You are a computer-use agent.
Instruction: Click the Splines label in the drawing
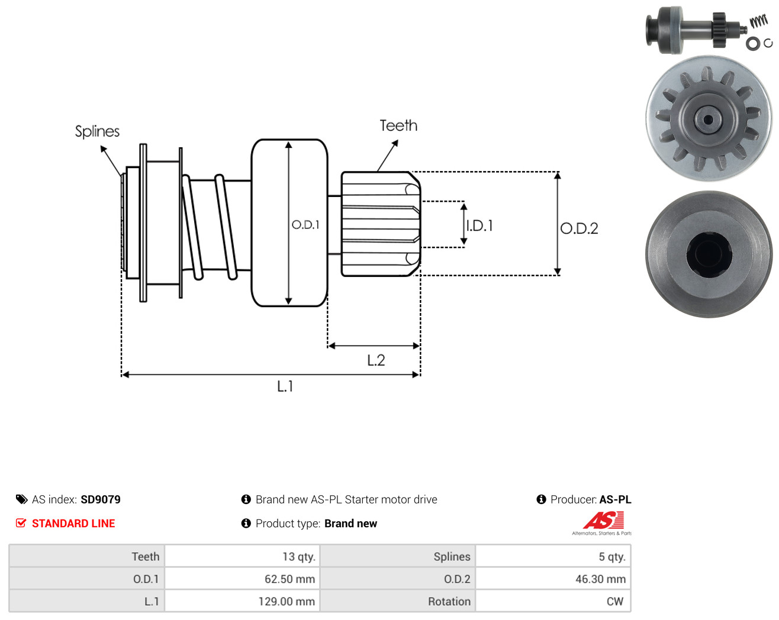[x=97, y=132]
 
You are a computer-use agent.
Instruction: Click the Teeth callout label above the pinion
[x=398, y=126]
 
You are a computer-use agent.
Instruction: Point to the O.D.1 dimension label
[x=306, y=225]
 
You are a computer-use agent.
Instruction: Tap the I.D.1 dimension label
[x=480, y=226]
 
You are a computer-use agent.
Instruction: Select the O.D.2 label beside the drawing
[x=579, y=228]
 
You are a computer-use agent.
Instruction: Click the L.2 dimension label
[x=376, y=360]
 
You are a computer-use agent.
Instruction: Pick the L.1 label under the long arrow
[x=285, y=387]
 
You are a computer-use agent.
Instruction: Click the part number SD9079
[x=101, y=499]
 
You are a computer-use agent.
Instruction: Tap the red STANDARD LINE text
[x=73, y=524]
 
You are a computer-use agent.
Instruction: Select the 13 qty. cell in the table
[x=242, y=556]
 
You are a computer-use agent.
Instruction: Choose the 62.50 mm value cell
[x=242, y=579]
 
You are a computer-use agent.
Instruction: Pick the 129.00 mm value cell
[x=242, y=601]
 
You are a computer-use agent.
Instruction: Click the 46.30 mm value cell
[x=553, y=579]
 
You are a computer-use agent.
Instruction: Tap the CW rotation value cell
[x=553, y=601]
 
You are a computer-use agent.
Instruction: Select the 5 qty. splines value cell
[x=553, y=556]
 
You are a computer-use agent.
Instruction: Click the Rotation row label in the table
[x=449, y=602]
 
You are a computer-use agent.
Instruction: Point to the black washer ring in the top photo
[x=752, y=44]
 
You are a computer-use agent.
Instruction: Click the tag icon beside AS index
[x=22, y=499]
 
